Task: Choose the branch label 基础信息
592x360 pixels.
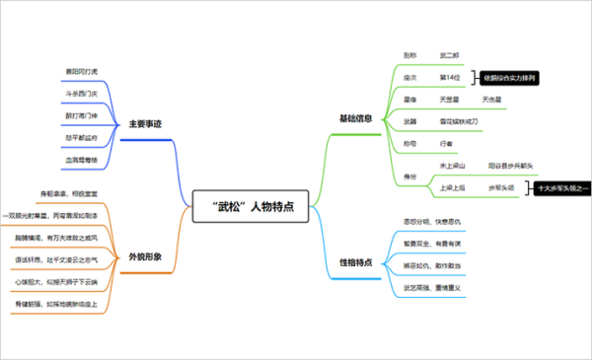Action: (x=356, y=118)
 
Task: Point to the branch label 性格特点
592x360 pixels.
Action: (x=356, y=262)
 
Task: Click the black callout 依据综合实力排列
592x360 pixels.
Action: (x=514, y=77)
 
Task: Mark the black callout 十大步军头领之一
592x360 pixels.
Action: (x=560, y=186)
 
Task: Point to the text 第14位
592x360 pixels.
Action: (x=449, y=77)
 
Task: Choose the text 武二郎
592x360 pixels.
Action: (x=449, y=56)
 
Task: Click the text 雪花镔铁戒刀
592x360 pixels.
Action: (x=459, y=121)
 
